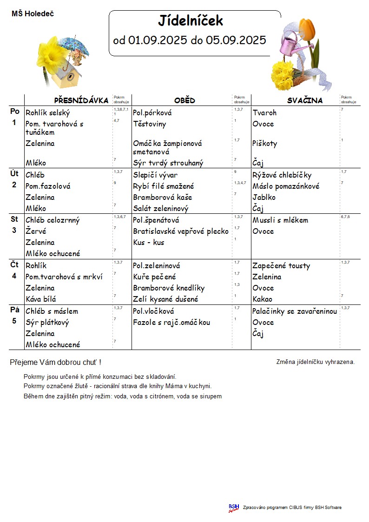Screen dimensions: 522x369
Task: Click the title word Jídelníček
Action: click(x=191, y=21)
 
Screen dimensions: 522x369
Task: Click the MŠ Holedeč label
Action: click(x=33, y=14)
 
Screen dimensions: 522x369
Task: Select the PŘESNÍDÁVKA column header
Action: click(x=81, y=100)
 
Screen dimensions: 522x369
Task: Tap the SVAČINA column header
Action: click(x=304, y=100)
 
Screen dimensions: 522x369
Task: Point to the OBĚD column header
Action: click(x=184, y=100)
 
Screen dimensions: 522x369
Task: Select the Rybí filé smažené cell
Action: click(x=164, y=186)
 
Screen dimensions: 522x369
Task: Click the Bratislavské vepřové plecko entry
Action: click(x=181, y=231)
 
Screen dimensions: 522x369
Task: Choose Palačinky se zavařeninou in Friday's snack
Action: click(x=295, y=311)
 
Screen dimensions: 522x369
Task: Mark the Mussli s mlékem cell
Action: click(x=280, y=220)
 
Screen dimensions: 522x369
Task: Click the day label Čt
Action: click(x=15, y=265)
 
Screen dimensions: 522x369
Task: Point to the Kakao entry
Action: click(x=263, y=299)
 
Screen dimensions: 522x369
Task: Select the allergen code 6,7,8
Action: click(x=346, y=217)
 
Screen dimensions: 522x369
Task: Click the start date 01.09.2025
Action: click(x=158, y=40)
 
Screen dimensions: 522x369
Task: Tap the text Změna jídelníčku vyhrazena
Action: click(x=316, y=362)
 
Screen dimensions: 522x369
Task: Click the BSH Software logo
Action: click(x=234, y=508)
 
